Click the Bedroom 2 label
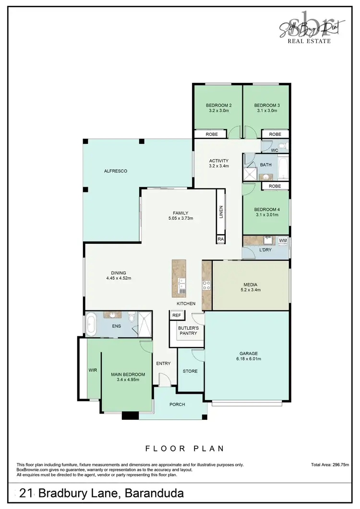[219, 105]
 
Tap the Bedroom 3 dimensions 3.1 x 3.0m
[266, 111]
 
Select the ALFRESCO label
[116, 171]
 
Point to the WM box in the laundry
[283, 240]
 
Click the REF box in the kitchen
[176, 315]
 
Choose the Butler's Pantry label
[188, 330]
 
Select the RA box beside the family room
[221, 238]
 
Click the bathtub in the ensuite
[92, 324]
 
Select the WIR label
[93, 370]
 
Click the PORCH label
[177, 404]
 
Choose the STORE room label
[190, 371]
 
